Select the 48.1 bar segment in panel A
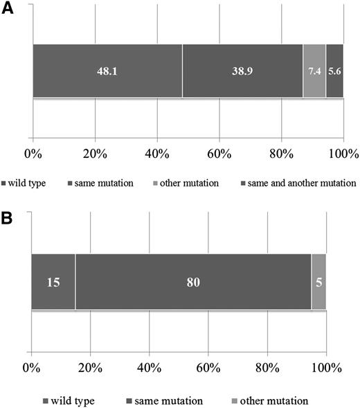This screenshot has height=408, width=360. [107, 71]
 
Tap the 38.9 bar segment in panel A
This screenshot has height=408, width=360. [242, 71]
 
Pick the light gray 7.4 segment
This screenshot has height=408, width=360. [314, 71]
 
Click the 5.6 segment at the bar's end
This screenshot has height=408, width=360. [334, 71]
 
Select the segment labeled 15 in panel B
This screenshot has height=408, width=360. [53, 281]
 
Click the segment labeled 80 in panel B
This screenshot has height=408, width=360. [193, 281]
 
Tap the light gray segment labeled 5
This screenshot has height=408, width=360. [318, 281]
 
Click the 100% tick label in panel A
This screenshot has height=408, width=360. [343, 153]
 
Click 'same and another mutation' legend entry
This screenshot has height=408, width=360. [299, 183]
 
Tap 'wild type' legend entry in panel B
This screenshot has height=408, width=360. [71, 400]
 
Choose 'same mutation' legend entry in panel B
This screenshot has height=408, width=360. [170, 400]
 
